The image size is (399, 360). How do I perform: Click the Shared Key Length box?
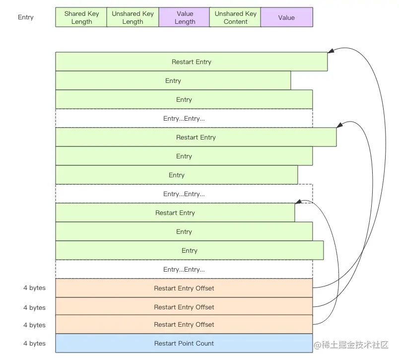tap(81, 17)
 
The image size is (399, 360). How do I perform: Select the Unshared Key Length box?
tap(133, 17)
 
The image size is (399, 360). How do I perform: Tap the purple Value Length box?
tap(184, 17)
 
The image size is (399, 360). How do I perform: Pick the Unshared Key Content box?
tap(235, 17)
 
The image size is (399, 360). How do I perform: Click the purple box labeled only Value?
tap(287, 17)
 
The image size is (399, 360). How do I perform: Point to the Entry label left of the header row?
tap(26, 17)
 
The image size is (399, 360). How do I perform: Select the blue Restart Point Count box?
tap(184, 343)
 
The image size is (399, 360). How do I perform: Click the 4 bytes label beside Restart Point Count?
tap(34, 344)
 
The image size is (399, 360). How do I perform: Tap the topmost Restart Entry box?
tap(192, 62)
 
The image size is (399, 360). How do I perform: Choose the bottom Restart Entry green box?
tap(175, 213)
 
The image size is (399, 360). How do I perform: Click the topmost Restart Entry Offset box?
tap(184, 288)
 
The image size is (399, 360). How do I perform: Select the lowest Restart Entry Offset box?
tap(184, 324)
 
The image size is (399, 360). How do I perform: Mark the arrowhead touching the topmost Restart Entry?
tap(331, 51)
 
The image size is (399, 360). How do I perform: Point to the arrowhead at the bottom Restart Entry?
tap(298, 202)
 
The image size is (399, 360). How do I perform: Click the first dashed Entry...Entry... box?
tap(184, 118)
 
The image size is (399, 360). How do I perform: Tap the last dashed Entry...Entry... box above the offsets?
tap(184, 269)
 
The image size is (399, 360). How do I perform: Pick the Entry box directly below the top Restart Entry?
tap(173, 80)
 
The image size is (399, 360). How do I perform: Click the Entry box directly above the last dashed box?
tap(190, 251)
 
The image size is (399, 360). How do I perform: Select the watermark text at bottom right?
tap(351, 345)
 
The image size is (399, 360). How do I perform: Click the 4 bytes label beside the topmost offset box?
tap(34, 288)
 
